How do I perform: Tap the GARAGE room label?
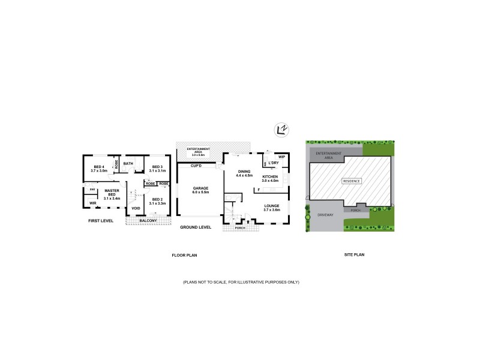coord(200,188)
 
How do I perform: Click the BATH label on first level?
coord(128,163)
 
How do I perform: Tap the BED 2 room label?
coord(157,201)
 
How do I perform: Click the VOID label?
coord(136,208)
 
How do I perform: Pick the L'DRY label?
coord(274,163)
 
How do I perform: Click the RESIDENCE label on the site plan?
coord(352,181)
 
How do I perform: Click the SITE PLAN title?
coord(355,255)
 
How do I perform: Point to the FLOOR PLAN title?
coord(185,255)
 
